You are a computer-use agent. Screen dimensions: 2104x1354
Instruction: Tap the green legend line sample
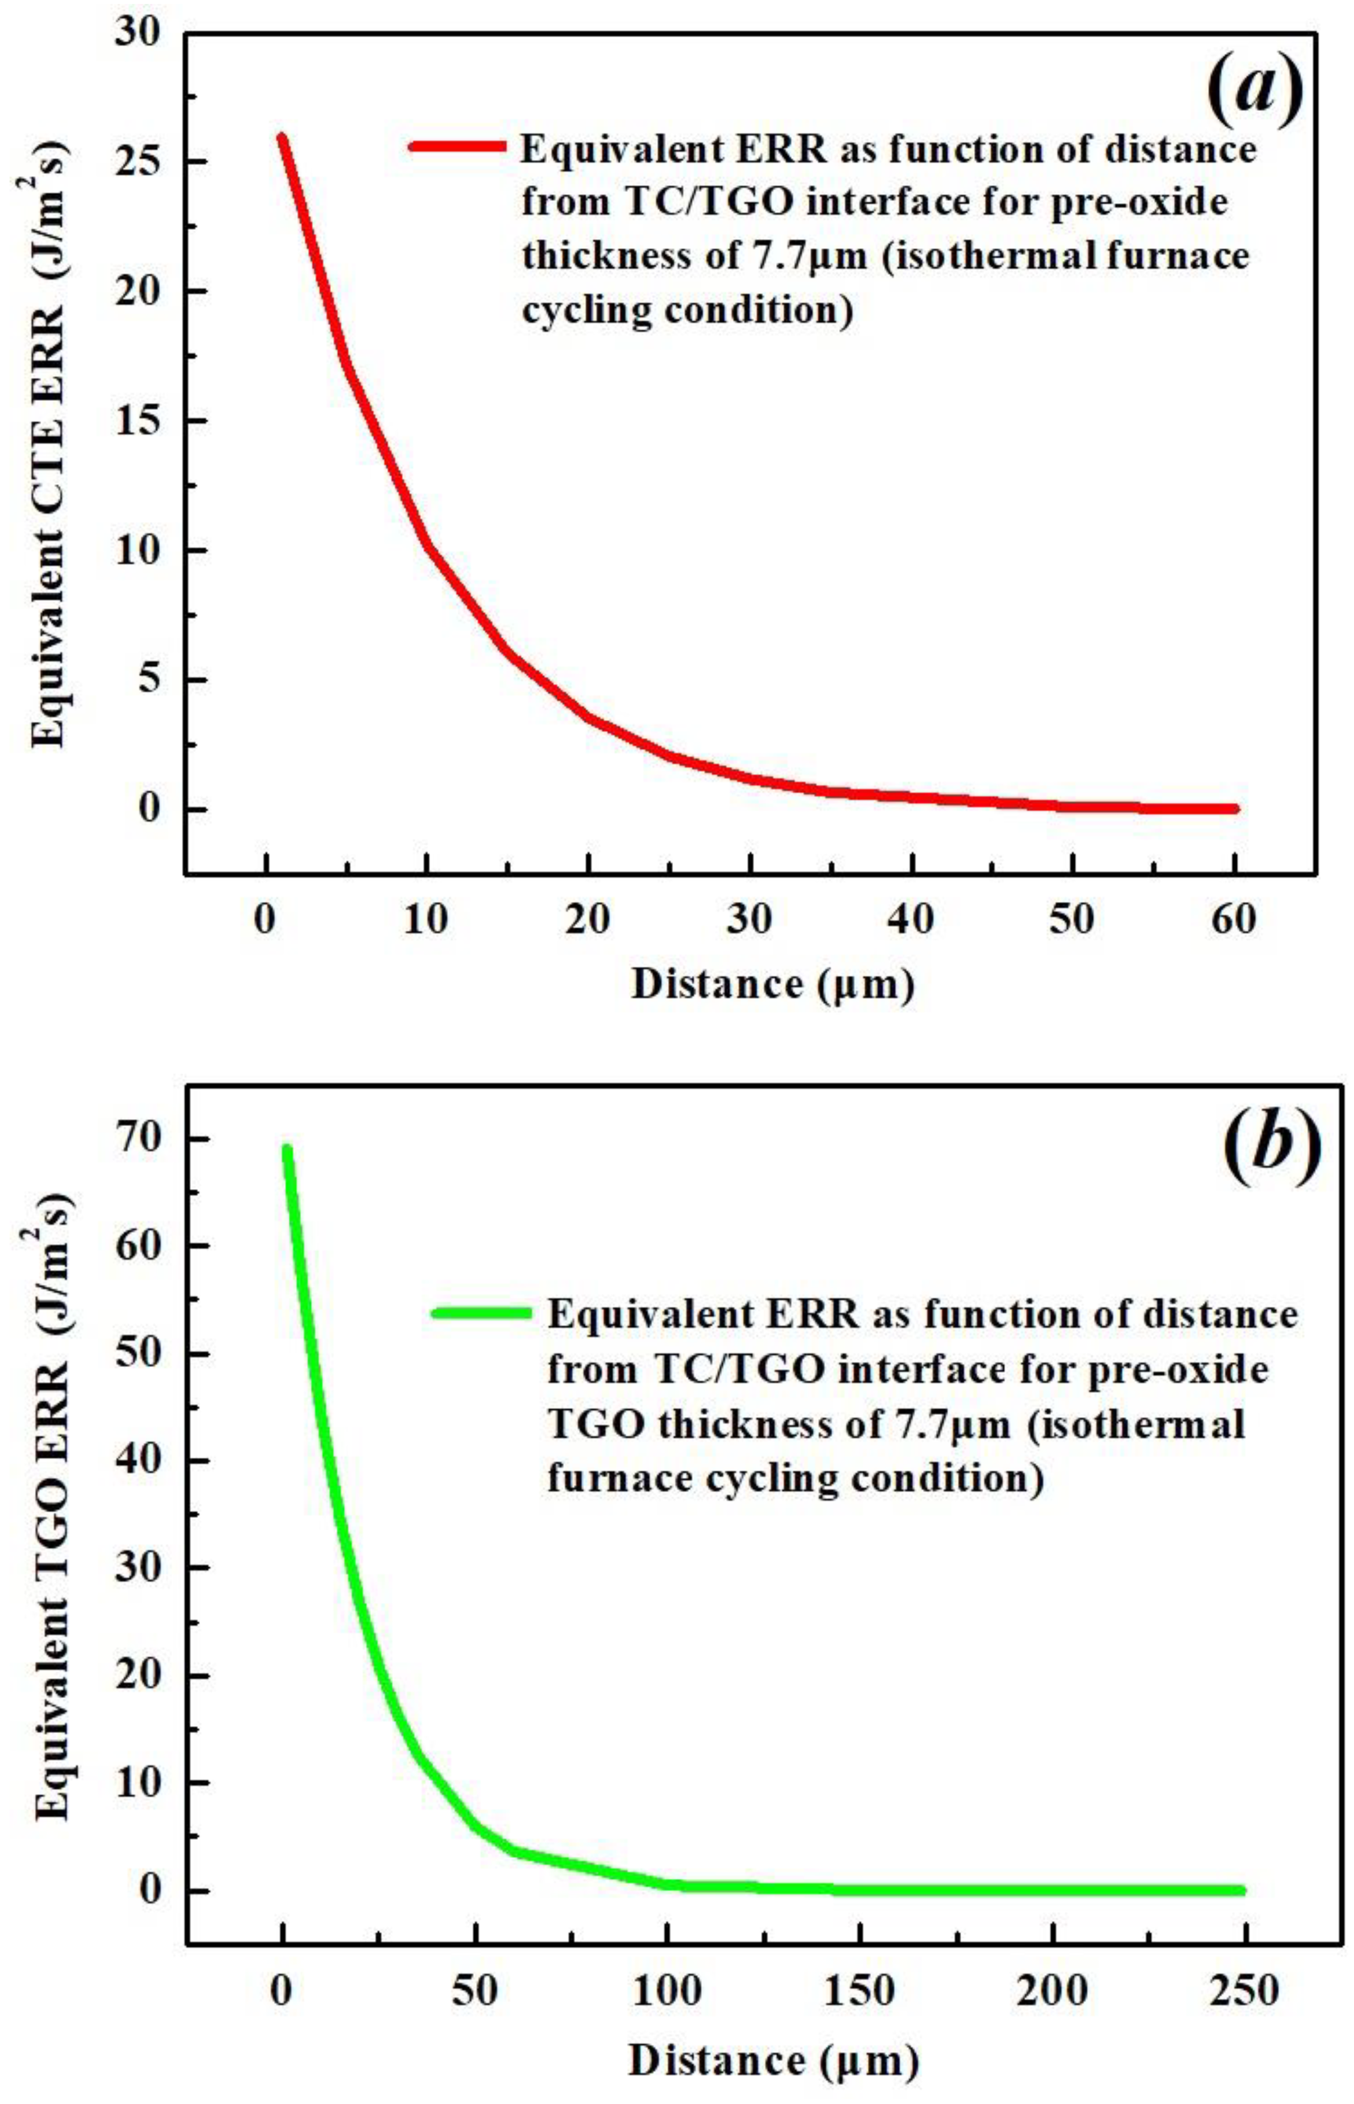481,1314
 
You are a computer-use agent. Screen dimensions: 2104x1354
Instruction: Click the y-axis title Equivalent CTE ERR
51,440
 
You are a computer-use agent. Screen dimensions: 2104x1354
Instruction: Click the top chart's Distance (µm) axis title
772,984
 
